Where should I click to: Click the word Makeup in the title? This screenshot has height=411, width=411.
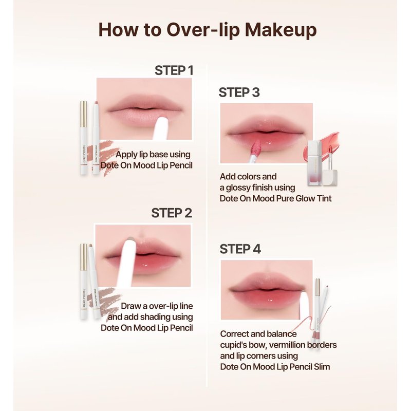click(x=281, y=30)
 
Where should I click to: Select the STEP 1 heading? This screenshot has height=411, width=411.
click(x=174, y=70)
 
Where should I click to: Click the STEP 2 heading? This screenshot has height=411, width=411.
click(x=172, y=213)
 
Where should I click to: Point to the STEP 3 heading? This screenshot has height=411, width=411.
click(x=239, y=92)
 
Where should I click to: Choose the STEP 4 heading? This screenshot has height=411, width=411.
click(x=240, y=249)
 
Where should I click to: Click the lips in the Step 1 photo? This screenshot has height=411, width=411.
click(x=145, y=109)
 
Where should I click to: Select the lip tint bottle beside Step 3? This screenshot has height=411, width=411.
click(x=314, y=163)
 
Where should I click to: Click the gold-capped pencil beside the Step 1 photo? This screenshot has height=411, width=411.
click(x=84, y=138)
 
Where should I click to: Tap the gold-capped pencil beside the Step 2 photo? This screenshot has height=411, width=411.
click(x=84, y=281)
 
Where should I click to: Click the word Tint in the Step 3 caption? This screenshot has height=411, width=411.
click(x=324, y=198)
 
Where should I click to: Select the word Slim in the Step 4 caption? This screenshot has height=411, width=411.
click(x=322, y=366)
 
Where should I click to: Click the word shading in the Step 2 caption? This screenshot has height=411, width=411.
click(x=153, y=317)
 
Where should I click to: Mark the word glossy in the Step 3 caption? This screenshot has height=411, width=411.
click(x=237, y=188)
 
